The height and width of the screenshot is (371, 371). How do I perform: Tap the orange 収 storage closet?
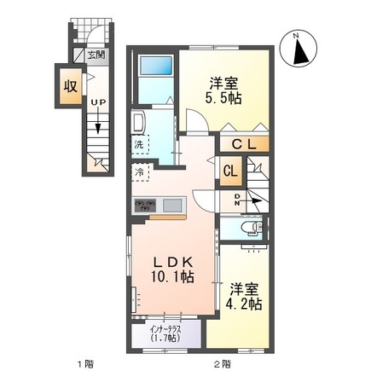tap(67, 85)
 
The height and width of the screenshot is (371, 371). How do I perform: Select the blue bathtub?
tap(155, 67)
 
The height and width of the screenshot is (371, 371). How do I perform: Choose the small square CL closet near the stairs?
tap(230, 171)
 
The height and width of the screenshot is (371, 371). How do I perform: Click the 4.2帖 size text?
tap(243, 304)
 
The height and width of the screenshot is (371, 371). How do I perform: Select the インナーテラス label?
tap(163, 328)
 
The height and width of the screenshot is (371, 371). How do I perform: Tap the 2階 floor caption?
tap(222, 362)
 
